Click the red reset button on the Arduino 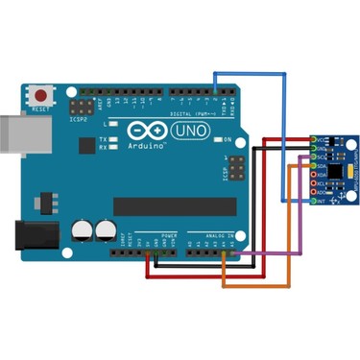coord(42,97)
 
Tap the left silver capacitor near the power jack coord(83,230)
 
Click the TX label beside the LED coord(103,139)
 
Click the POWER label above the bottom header coord(169,233)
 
